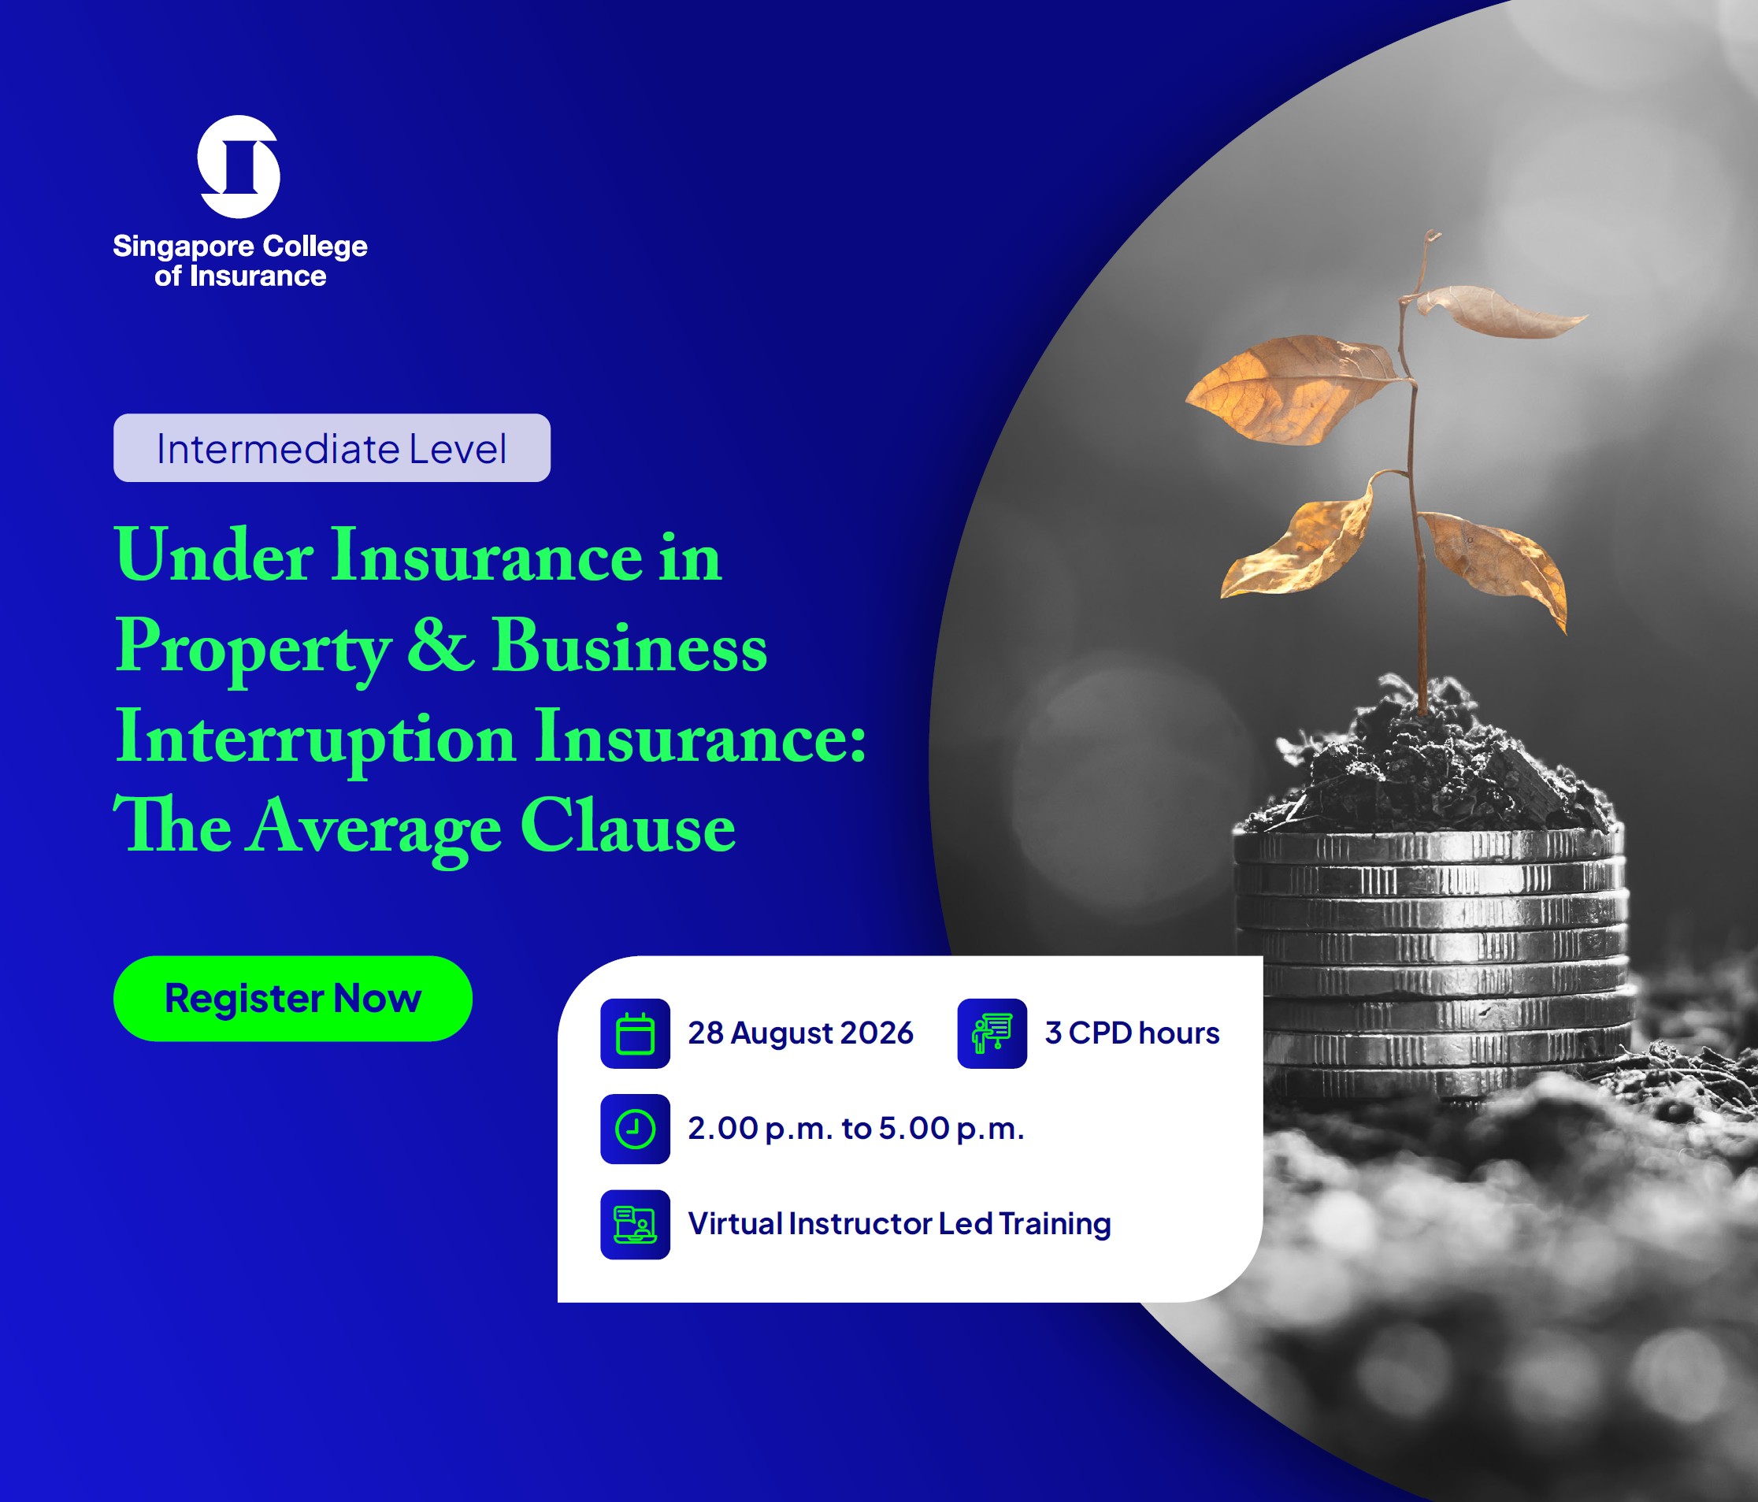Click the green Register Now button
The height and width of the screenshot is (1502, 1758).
[293, 998]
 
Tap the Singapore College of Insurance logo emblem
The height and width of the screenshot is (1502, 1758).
[239, 166]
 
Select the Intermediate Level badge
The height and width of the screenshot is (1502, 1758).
[332, 448]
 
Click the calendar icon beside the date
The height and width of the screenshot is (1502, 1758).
[635, 1033]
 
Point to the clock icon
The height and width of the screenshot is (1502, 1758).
[635, 1129]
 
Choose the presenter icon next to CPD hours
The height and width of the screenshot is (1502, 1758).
[992, 1033]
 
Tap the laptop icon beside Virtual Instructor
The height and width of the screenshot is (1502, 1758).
[635, 1225]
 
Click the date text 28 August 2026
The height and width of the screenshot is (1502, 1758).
[800, 1033]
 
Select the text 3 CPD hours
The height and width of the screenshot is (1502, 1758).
[1132, 1033]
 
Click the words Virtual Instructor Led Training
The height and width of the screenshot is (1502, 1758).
[899, 1224]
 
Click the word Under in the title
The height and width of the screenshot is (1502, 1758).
[213, 556]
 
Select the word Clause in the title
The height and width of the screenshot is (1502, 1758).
[628, 825]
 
